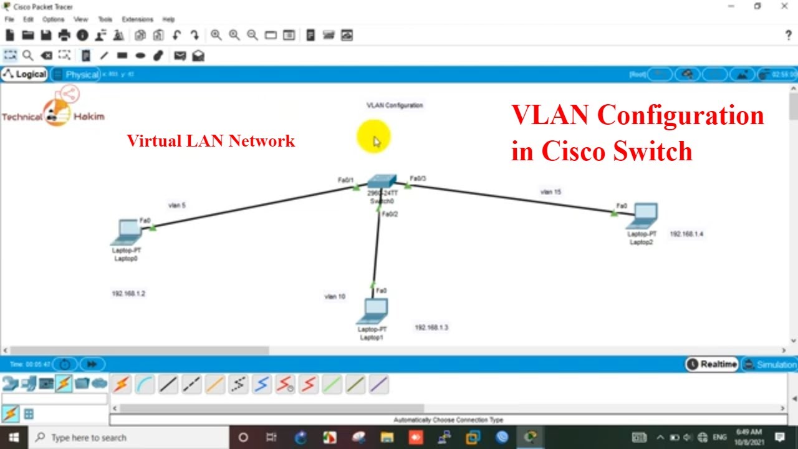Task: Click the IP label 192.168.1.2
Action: pos(128,293)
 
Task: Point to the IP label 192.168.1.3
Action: pos(431,327)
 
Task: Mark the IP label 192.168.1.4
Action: pos(686,234)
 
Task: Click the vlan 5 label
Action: pos(176,205)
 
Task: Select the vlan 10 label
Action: pos(335,296)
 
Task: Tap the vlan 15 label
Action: pos(550,192)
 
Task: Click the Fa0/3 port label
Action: pos(418,178)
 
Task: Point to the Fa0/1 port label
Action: pos(345,180)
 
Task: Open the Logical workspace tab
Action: pos(25,75)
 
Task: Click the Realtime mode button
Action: pos(712,364)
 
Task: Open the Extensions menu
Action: pos(137,19)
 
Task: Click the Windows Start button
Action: pos(13,437)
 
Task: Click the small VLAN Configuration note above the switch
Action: pos(395,105)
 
